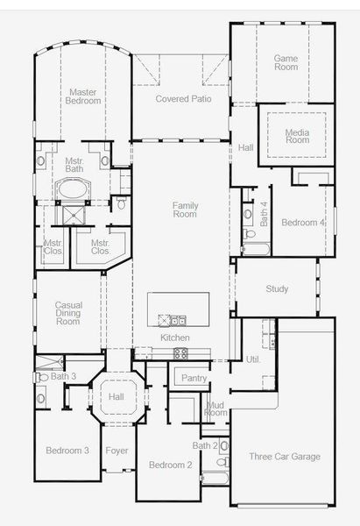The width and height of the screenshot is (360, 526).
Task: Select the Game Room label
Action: click(x=286, y=63)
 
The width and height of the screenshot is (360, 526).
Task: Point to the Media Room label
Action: click(x=297, y=135)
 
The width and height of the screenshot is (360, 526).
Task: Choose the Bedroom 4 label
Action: click(x=302, y=223)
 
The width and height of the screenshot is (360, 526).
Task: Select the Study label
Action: click(x=277, y=288)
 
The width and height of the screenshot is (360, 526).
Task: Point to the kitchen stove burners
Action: click(x=180, y=353)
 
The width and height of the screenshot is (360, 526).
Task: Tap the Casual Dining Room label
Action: click(x=68, y=313)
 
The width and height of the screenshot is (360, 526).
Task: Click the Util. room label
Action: click(x=254, y=359)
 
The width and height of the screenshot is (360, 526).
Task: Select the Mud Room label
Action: click(x=215, y=408)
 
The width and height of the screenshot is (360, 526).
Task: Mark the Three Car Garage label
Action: click(x=284, y=456)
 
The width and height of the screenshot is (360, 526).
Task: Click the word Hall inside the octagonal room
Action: click(x=116, y=397)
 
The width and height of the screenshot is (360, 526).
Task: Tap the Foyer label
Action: click(x=116, y=451)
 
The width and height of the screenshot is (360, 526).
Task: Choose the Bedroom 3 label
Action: click(x=67, y=450)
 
